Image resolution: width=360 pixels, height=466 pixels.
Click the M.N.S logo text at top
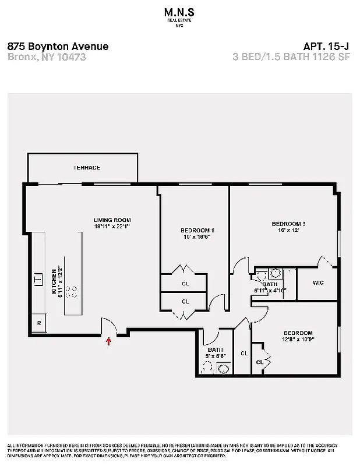(179, 12)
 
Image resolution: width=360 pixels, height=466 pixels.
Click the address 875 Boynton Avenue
(58, 47)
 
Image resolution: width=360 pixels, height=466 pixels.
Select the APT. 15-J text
(327, 47)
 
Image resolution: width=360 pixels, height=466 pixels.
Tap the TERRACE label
(87, 168)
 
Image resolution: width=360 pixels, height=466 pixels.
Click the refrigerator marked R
(39, 322)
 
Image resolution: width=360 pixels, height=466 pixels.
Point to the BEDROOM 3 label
(288, 224)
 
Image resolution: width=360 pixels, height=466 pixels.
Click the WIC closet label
(317, 283)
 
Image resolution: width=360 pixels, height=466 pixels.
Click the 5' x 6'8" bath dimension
(216, 355)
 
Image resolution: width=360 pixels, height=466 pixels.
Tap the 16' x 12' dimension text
(288, 231)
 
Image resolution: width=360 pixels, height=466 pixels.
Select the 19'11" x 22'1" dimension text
(112, 227)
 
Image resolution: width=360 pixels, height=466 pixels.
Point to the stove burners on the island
(73, 291)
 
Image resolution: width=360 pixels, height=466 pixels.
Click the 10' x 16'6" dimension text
(195, 237)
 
